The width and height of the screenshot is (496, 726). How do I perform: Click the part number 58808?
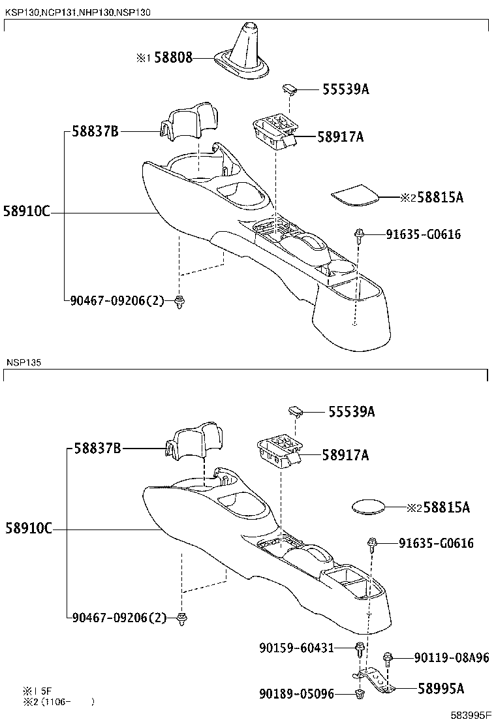(x=173, y=57)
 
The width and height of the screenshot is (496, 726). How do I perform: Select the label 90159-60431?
(x=296, y=648)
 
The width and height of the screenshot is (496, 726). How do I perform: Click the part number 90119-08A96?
(x=451, y=657)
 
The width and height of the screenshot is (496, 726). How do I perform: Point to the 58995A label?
(x=441, y=687)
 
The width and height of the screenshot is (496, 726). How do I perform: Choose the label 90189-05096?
(x=296, y=694)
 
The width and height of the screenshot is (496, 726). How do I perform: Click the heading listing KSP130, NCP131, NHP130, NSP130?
(x=78, y=12)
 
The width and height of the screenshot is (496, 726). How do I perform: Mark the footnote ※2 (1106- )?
(x=59, y=702)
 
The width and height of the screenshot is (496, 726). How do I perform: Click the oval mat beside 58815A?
(x=367, y=507)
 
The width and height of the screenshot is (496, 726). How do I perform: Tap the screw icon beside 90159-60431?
(x=359, y=650)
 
